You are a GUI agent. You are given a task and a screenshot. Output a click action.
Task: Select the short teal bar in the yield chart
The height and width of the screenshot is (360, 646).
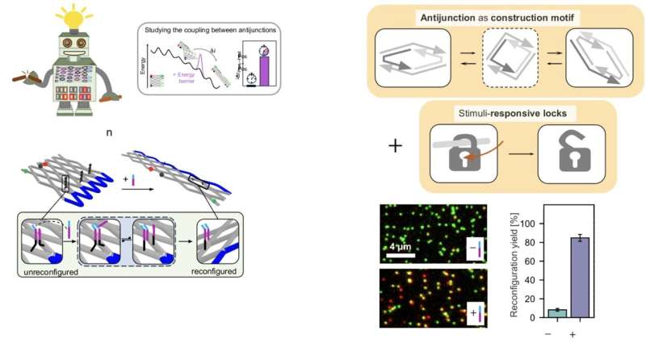[x=558, y=313]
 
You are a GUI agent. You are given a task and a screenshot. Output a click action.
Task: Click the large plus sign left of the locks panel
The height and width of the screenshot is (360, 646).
[x=395, y=147]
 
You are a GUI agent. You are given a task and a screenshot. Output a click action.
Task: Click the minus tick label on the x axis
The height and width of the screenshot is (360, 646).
[x=558, y=332]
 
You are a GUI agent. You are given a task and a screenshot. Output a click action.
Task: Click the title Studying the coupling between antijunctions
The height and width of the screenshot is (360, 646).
[x=210, y=30]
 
